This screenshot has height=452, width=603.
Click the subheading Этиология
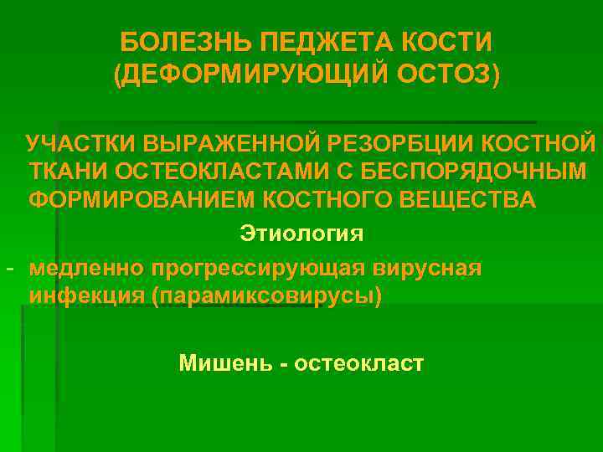click(301, 232)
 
